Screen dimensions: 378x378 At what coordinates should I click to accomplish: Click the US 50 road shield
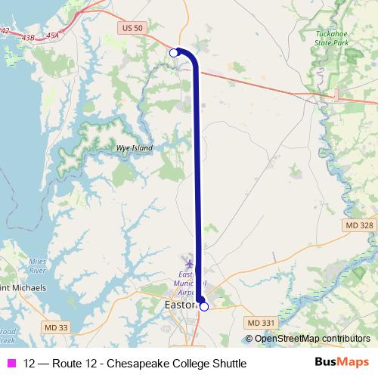tap(131, 27)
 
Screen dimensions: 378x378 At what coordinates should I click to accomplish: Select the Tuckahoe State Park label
tap(332, 39)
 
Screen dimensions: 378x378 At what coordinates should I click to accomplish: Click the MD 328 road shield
tap(358, 225)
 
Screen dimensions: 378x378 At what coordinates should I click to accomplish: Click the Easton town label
tap(179, 305)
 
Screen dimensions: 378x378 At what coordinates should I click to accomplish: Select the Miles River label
tap(37, 265)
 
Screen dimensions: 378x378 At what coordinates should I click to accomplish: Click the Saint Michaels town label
tap(23, 288)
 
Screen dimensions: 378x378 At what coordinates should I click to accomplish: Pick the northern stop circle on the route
tap(174, 52)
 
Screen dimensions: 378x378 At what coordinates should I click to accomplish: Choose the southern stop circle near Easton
tap(203, 306)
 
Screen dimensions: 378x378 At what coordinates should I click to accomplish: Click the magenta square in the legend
tap(11, 364)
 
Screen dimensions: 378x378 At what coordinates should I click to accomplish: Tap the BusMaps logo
tap(342, 363)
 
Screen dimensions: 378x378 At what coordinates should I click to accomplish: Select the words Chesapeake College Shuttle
tap(181, 364)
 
